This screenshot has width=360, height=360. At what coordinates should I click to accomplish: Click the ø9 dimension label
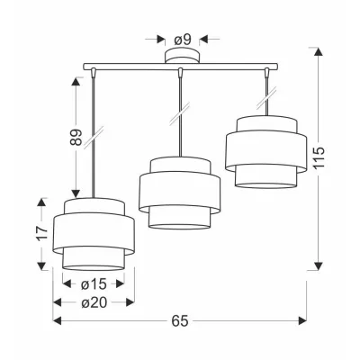click(183, 40)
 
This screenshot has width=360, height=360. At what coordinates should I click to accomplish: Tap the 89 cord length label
click(76, 138)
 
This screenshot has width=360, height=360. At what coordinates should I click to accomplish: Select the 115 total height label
click(319, 157)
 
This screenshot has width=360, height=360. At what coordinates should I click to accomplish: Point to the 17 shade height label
click(42, 233)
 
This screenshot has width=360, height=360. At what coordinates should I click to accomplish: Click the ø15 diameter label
click(94, 283)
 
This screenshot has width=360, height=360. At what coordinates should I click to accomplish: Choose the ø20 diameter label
click(94, 303)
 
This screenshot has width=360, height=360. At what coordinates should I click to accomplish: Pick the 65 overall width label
click(180, 321)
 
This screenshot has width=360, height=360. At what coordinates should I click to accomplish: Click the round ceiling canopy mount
click(182, 56)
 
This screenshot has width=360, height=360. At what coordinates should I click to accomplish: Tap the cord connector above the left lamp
click(94, 72)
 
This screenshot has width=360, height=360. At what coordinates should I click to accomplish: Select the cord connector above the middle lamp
click(180, 72)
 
